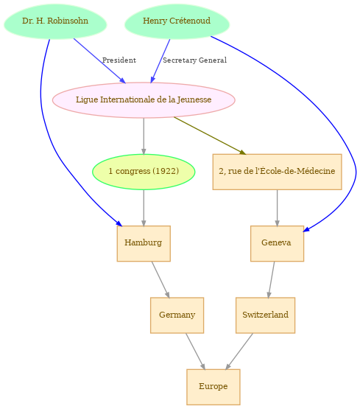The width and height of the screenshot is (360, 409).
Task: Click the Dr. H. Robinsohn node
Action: (55, 21)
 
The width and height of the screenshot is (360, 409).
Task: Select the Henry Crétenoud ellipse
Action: (177, 21)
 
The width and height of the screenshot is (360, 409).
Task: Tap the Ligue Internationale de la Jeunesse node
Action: (144, 100)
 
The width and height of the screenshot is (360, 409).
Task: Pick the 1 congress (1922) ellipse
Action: (144, 172)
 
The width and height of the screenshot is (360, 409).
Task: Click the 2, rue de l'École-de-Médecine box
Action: (277, 172)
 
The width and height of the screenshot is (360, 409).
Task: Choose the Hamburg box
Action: (144, 243)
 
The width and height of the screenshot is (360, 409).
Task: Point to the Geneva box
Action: (277, 243)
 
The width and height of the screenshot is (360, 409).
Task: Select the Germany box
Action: (177, 315)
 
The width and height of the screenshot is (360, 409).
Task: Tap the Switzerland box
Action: (265, 315)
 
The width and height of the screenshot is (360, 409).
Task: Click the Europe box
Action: (213, 387)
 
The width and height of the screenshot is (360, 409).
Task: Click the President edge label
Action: (119, 60)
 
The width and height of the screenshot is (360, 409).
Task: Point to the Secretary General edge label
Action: (194, 60)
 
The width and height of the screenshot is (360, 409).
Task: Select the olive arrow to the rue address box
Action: (210, 136)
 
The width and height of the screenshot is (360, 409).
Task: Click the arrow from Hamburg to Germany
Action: (160, 279)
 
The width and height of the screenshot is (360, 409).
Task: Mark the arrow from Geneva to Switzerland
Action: (271, 279)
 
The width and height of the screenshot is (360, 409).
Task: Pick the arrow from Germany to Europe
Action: (196, 352)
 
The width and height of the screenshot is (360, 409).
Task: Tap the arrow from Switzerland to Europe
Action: (239, 352)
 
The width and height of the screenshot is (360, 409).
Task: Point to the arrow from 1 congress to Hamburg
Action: (144, 208)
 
